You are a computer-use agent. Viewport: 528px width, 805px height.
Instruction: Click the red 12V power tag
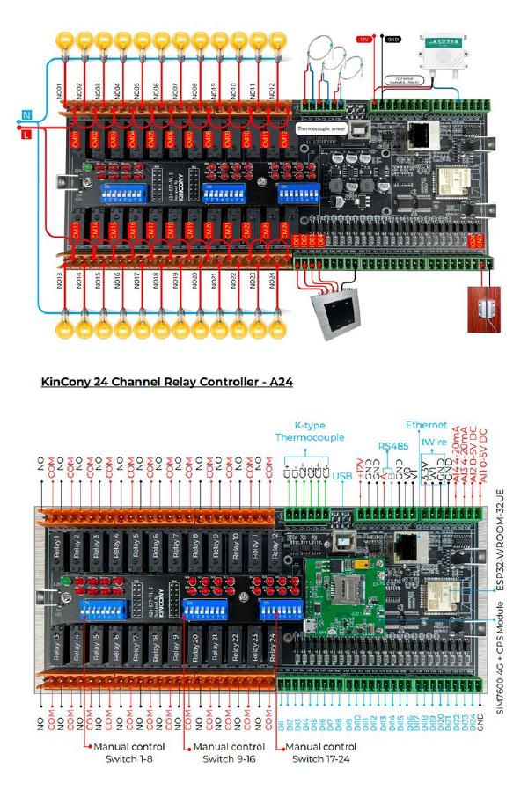pos(363,40)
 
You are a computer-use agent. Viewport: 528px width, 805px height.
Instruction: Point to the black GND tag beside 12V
pos(393,40)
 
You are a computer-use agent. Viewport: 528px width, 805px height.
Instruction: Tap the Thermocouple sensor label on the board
pos(322,128)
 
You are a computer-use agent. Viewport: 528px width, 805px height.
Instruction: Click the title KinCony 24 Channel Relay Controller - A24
pos(166,383)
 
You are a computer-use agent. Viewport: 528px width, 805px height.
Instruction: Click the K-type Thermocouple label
pos(311,430)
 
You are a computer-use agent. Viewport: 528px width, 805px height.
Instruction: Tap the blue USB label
pos(346,476)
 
